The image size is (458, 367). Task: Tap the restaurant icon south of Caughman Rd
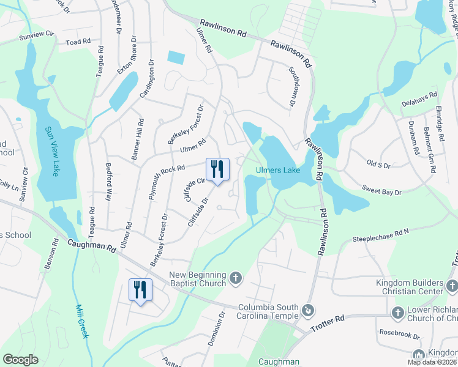(140, 290)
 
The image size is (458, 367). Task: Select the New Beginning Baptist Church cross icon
(236, 280)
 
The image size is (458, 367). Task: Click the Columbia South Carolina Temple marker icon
(309, 311)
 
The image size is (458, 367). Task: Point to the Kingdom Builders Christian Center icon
(451, 285)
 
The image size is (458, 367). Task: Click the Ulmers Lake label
(278, 170)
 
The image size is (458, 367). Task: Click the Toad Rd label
(78, 42)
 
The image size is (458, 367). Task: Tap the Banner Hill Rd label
(138, 139)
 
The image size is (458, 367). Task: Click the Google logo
(20, 360)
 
